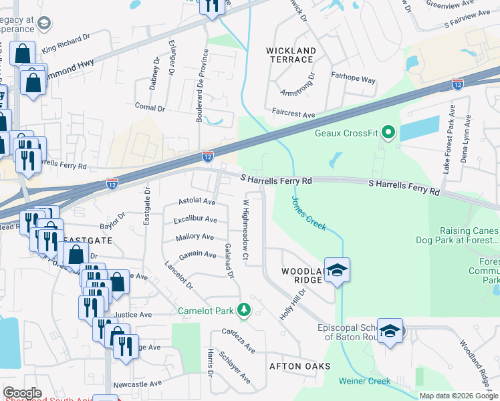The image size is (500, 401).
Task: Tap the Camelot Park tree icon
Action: [245, 310]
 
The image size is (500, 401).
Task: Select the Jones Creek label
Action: [308, 213]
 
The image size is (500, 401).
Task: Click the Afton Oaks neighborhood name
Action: [299, 366]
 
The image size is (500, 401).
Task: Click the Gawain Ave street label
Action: [197, 255]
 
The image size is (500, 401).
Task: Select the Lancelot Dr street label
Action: [178, 275]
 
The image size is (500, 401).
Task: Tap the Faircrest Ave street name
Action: [293, 114]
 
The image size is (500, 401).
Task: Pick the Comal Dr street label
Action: [150, 107]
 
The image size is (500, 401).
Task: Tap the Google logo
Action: [22, 393]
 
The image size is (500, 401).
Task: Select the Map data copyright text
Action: [459, 396]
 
